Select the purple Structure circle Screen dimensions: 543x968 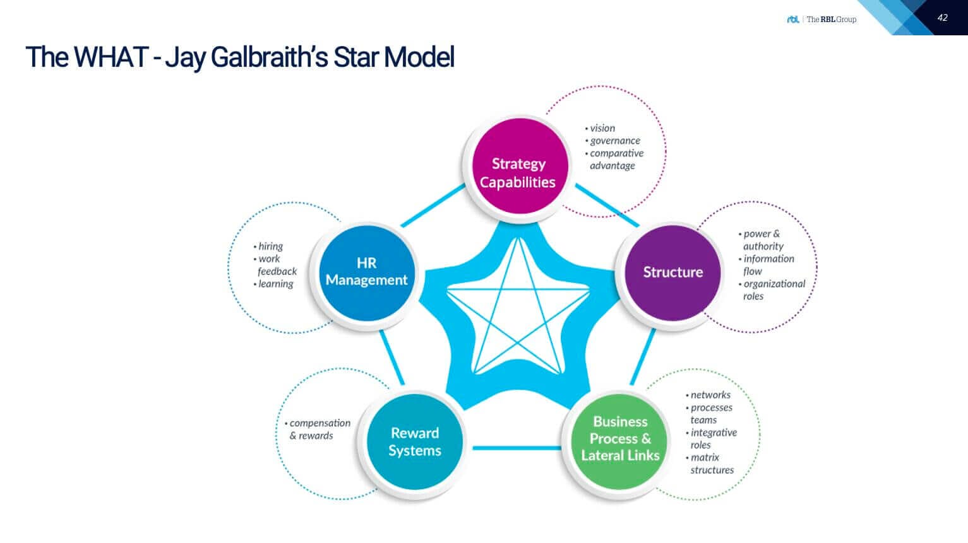pos(672,272)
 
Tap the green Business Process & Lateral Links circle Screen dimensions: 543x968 pos(619,439)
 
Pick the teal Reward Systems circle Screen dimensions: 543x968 pos(414,441)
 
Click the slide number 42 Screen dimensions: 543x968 pos(942,18)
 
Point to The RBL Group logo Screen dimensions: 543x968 pos(822,20)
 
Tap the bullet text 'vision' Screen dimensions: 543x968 pos(602,128)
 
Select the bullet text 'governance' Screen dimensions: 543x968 pos(614,141)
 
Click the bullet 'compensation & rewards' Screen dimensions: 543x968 pos(318,429)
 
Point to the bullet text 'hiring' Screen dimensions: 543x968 pos(270,247)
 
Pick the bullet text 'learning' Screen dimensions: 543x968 pos(275,284)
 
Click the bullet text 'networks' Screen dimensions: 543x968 pos(710,395)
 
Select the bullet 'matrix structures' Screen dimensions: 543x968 pos(710,464)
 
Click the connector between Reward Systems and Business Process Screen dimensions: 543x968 pos(516,448)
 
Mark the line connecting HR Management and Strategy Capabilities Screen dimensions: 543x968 pos(433,206)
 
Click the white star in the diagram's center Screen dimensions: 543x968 pos(518,306)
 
